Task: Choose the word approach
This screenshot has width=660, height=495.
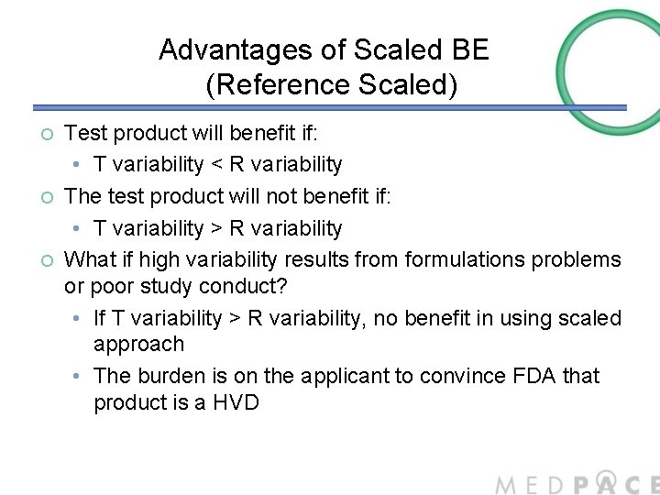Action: pos(139,345)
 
